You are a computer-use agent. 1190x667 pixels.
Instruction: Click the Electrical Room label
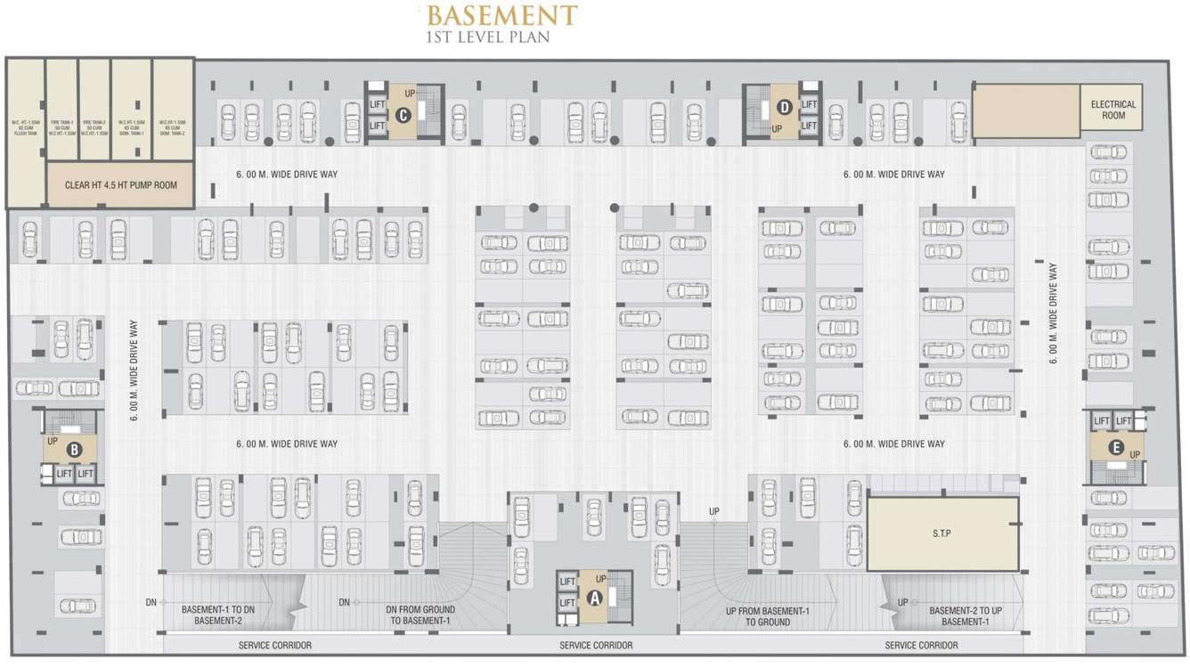coord(1113,110)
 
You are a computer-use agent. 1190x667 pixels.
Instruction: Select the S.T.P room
coord(942,533)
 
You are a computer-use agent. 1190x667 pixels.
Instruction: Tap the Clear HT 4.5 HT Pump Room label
coord(121,185)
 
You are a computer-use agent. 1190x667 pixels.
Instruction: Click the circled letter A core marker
coord(594,598)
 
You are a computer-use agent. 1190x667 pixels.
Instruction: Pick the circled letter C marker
coord(403,114)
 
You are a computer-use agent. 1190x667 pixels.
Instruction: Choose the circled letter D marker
coord(784,108)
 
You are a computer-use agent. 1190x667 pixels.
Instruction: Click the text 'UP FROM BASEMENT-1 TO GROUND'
coord(767,616)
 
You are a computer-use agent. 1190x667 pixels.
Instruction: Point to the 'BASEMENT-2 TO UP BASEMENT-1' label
coord(966,616)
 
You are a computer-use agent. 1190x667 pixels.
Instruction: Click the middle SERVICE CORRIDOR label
coord(596,645)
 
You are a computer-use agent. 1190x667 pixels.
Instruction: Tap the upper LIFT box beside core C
coord(377,105)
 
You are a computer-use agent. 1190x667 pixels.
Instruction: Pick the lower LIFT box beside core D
coord(809,126)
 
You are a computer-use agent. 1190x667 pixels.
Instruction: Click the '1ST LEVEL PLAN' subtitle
coord(488,37)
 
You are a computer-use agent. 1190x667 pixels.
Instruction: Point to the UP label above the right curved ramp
coord(714,511)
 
